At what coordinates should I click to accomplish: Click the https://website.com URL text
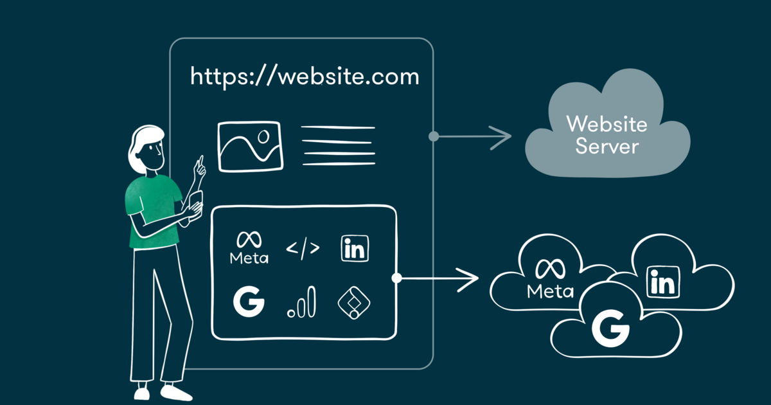[305, 77]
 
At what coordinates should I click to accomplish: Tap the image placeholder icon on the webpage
[250, 146]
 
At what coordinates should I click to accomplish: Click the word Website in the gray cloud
[607, 123]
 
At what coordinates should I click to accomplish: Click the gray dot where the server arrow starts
[434, 136]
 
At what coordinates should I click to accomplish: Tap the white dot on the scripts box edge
[396, 278]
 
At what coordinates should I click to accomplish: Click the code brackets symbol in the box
[302, 248]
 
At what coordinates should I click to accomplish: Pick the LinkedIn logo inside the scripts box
[355, 249]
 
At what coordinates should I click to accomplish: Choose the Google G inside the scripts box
[249, 301]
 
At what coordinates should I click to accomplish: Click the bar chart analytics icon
[302, 301]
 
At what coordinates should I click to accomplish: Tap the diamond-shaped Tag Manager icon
[355, 301]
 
